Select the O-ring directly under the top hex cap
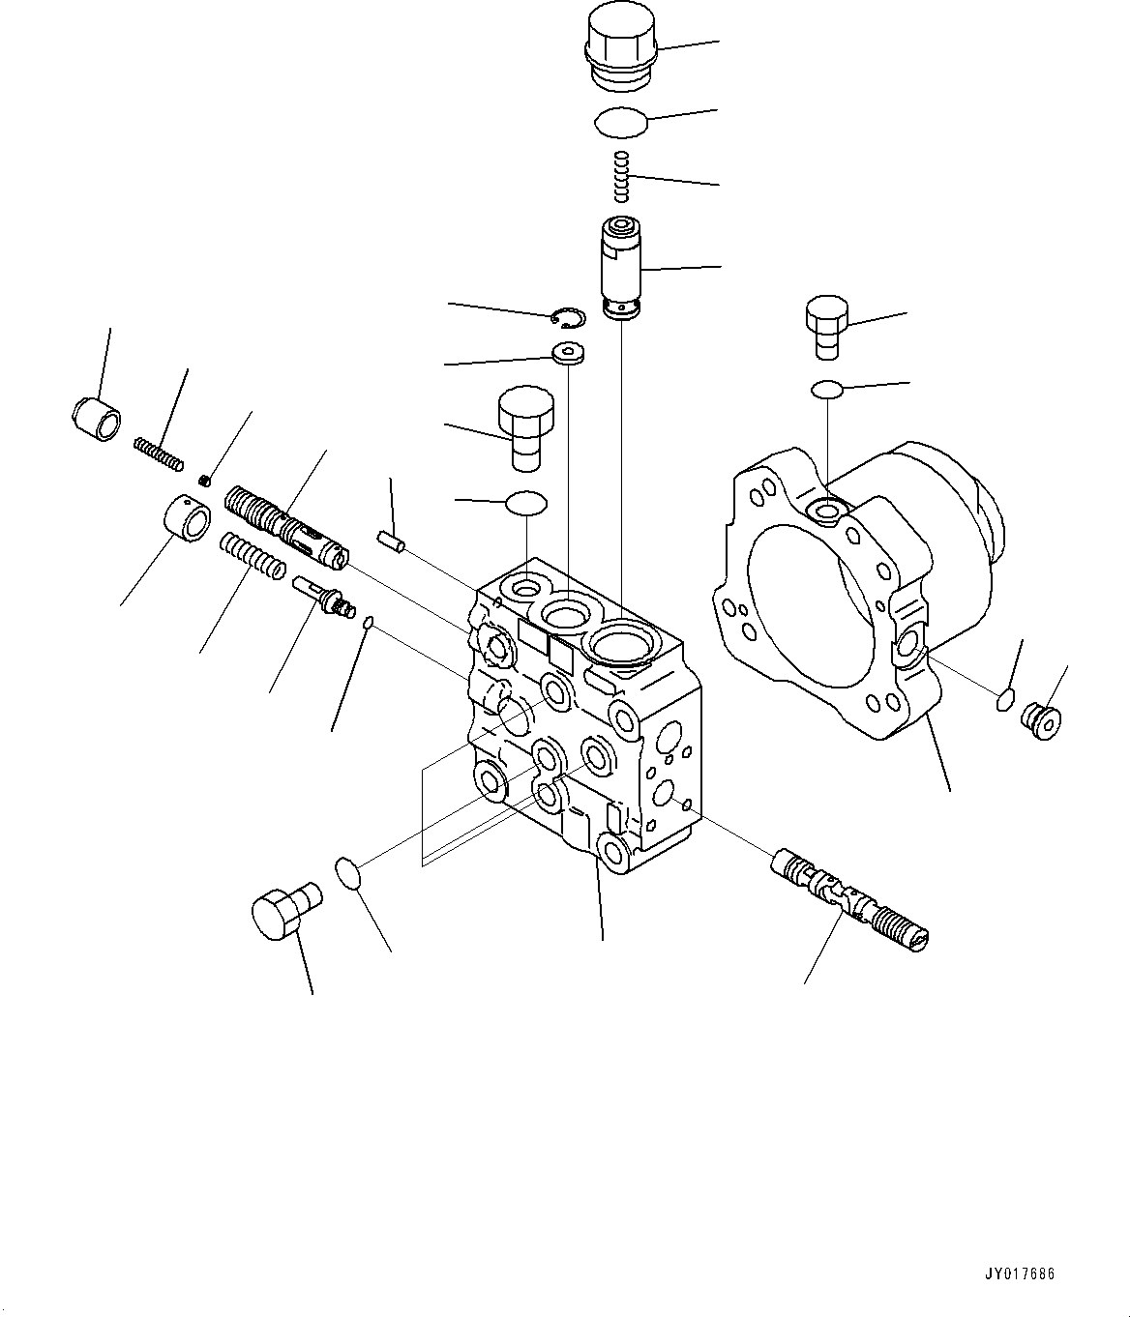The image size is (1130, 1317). [x=620, y=123]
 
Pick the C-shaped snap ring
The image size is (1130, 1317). [x=566, y=318]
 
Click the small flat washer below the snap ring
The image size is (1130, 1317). [x=568, y=352]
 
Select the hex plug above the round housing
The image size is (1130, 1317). [x=826, y=327]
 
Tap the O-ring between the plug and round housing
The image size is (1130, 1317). [x=826, y=389]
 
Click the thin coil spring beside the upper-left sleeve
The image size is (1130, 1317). [x=158, y=454]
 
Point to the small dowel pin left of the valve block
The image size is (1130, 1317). [x=390, y=541]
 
